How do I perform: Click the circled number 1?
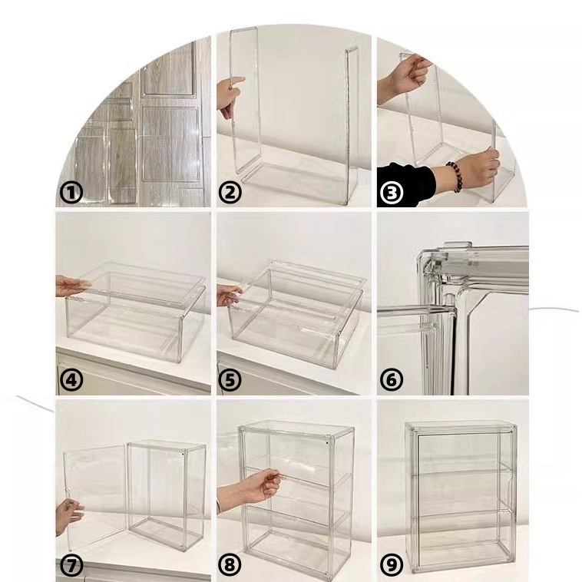(71, 193)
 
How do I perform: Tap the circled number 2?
(230, 193)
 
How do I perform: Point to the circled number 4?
(71, 381)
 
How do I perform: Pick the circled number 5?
(230, 381)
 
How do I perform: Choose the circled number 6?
(392, 381)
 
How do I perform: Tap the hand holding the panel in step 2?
(230, 97)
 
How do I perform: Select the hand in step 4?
(72, 286)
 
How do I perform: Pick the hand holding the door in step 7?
(68, 517)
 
